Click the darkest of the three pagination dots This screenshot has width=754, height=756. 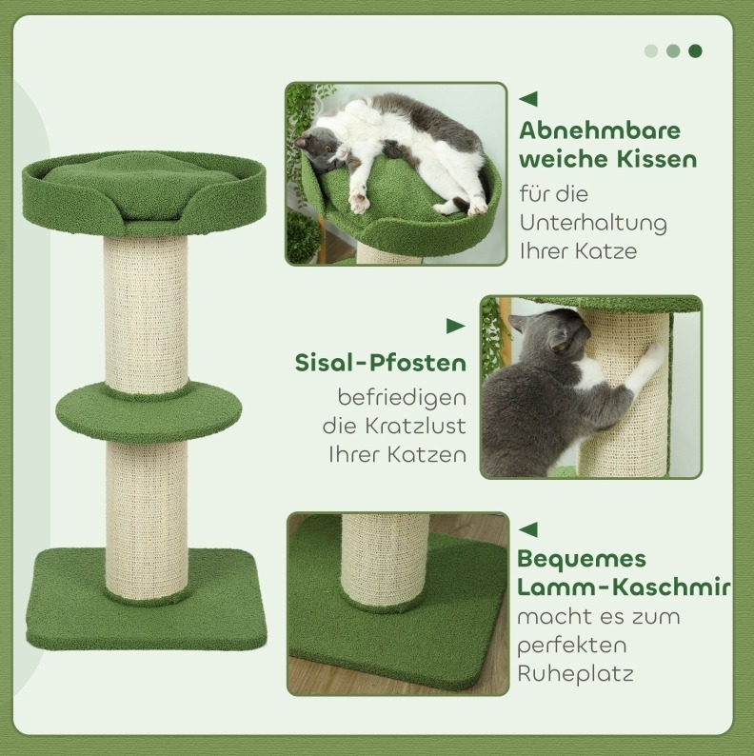click(695, 50)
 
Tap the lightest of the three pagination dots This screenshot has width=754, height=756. click(651, 50)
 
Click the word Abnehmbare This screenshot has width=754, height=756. click(600, 130)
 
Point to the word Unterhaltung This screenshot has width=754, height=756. click(593, 223)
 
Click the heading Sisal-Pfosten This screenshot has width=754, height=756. click(381, 363)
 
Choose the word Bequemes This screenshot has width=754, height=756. click(582, 559)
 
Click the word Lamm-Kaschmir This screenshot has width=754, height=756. click(624, 587)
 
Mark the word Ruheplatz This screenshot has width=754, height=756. click(575, 674)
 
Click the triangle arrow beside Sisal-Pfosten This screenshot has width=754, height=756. click(456, 327)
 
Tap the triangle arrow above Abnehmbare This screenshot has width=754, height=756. click(528, 99)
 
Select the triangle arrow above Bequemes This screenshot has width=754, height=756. click(528, 529)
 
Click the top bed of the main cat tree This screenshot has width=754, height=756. click(144, 193)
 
